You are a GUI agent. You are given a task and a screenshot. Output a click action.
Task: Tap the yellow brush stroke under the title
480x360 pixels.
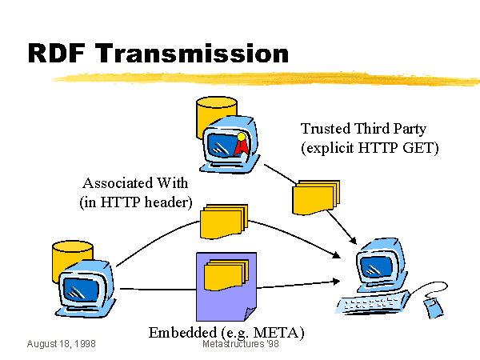tap(264, 78)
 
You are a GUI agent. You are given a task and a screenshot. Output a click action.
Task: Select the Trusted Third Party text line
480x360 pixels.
tap(364, 128)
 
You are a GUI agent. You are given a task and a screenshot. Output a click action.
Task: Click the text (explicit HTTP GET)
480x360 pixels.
tap(370, 148)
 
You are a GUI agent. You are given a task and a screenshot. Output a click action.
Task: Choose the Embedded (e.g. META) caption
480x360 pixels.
tap(226, 331)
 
